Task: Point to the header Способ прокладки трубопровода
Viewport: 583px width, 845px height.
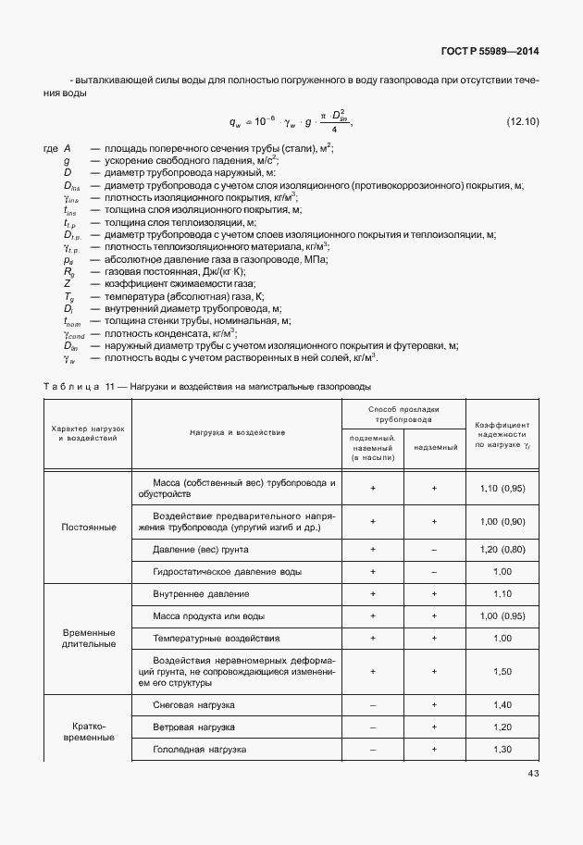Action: coord(403,413)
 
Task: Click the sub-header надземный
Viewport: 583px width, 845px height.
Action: coord(434,447)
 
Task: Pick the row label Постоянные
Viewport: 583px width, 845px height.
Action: coord(89,527)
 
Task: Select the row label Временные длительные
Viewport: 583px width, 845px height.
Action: coord(89,638)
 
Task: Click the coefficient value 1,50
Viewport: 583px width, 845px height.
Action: coord(502,671)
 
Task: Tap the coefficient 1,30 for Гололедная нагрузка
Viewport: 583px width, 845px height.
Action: coord(502,749)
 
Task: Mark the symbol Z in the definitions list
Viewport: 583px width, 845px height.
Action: coord(67,284)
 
